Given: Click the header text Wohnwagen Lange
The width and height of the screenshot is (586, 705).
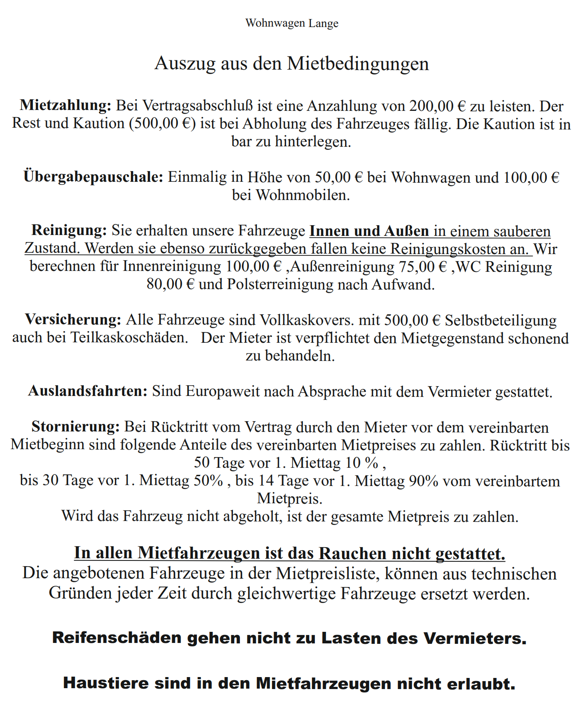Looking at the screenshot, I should click(292, 23).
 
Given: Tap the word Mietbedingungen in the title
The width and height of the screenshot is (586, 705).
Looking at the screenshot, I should click(358, 63).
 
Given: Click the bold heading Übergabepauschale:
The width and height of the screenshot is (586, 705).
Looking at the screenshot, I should click(94, 177).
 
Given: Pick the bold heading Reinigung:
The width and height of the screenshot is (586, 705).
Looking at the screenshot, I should click(69, 231).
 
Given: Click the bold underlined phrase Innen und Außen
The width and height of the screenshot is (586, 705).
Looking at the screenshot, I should click(369, 231).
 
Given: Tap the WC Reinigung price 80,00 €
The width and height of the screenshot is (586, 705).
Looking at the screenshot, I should click(170, 284).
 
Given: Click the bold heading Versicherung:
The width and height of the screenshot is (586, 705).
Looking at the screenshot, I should click(73, 320).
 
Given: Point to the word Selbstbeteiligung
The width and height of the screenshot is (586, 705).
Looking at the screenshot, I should click(501, 320).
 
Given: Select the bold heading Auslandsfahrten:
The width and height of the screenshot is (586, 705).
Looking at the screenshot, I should click(88, 391).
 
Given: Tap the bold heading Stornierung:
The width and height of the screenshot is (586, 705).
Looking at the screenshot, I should click(76, 427).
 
